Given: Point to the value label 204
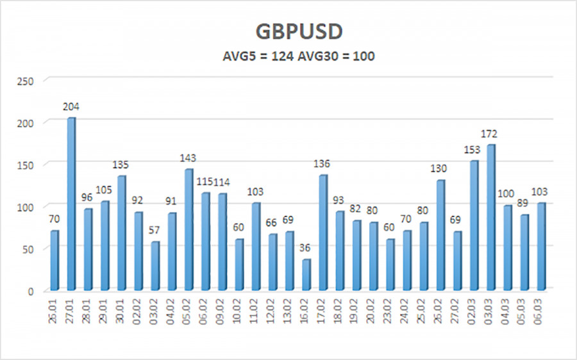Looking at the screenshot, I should pyautogui.click(x=71, y=107).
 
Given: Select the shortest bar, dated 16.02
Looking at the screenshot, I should pyautogui.click(x=306, y=274).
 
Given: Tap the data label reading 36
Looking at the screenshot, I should pyautogui.click(x=306, y=249).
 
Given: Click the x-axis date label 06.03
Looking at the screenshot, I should pyautogui.click(x=541, y=313).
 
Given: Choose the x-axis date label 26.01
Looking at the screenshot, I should pyautogui.click(x=54, y=313).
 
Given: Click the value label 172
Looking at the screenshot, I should pyautogui.click(x=491, y=134).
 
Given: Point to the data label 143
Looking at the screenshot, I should pyautogui.click(x=188, y=158).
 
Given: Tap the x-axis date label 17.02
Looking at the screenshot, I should pyautogui.click(x=323, y=313).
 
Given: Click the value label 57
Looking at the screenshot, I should pyautogui.click(x=155, y=231).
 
